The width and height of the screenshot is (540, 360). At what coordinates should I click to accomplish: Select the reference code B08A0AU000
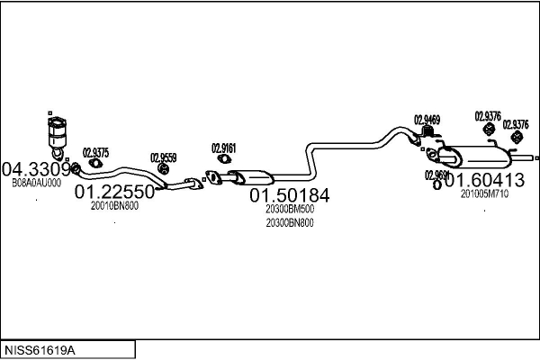pyautogui.click(x=36, y=183)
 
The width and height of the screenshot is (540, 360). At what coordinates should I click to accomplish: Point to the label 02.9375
pyautogui.click(x=95, y=152)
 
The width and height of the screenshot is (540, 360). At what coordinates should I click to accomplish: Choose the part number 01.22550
pyautogui.click(x=114, y=192)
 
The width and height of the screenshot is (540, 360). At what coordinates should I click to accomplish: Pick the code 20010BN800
pyautogui.click(x=114, y=205)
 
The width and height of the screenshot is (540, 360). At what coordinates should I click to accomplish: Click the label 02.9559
pyautogui.click(x=163, y=157)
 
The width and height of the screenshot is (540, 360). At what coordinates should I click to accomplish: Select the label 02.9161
pyautogui.click(x=224, y=148)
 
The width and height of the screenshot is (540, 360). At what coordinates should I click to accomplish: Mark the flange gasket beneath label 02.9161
pyautogui.click(x=213, y=176)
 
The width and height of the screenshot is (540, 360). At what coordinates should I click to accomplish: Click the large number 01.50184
pyautogui.click(x=290, y=195)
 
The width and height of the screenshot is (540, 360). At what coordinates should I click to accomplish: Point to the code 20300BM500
pyautogui.click(x=290, y=210)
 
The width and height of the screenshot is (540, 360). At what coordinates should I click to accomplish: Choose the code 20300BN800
pyautogui.click(x=290, y=223)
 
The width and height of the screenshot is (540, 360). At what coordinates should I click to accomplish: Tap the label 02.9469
pyautogui.click(x=427, y=120)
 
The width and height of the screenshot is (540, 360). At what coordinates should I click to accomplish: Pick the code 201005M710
pyautogui.click(x=484, y=193)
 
